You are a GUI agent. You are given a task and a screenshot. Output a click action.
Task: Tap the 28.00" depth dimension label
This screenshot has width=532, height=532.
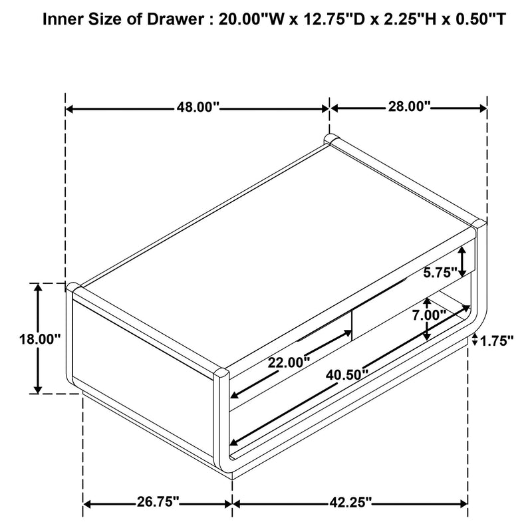pos(409,106)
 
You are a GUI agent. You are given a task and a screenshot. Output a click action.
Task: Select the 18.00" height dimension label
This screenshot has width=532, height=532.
pos(40,338)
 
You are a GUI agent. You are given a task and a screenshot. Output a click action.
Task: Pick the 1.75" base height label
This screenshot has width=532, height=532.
pos(497,340)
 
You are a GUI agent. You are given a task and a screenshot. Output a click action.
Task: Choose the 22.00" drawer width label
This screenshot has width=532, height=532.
pos(289,362)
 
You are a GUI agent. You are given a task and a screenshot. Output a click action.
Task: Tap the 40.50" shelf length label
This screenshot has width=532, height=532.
pos(347,375)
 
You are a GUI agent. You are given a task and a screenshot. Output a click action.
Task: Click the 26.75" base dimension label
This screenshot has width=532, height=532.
pos(158,501)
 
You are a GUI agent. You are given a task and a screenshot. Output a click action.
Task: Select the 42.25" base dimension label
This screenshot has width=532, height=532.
pos(350,502)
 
